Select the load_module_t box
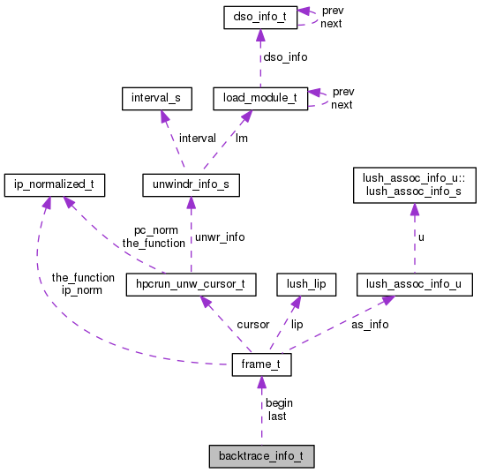point(260,98)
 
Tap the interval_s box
point(156,98)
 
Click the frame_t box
point(260,365)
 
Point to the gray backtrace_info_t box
point(260,456)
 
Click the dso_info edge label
point(286,56)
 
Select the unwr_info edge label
point(219,236)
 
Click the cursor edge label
point(252,324)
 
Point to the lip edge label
point(297,324)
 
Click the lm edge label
point(240,139)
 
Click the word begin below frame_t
point(279,403)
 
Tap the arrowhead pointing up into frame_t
point(260,382)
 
